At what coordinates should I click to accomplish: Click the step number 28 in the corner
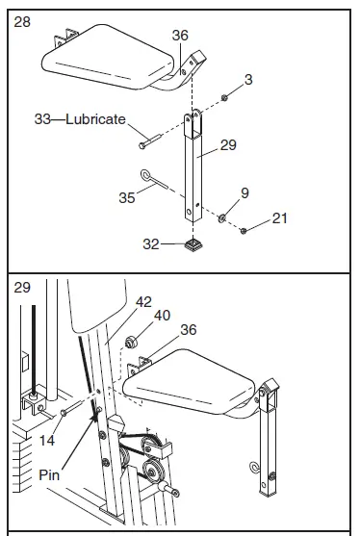click(22, 20)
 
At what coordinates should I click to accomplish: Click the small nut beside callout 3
click(223, 97)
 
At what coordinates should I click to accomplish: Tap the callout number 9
click(244, 192)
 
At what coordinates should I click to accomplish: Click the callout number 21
click(279, 218)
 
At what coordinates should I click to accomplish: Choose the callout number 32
click(152, 244)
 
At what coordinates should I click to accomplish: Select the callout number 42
click(143, 301)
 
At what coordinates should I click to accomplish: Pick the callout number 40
click(163, 314)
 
